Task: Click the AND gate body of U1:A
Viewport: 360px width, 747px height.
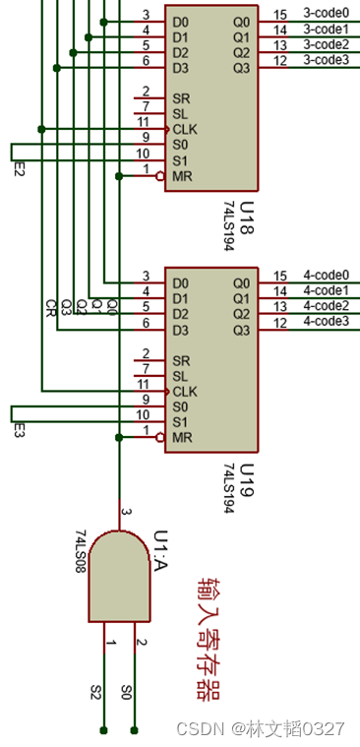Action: (120, 577)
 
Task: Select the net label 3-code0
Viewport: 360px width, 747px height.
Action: (326, 14)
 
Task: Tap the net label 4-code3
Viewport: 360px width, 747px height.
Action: (326, 321)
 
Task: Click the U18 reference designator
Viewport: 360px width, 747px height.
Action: (247, 218)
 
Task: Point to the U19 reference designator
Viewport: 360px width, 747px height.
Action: (247, 479)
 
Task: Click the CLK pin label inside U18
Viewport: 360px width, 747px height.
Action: (185, 129)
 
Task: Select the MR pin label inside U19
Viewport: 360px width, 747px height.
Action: (182, 437)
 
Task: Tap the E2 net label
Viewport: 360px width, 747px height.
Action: (18, 168)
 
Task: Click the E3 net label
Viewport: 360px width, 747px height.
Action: (18, 430)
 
